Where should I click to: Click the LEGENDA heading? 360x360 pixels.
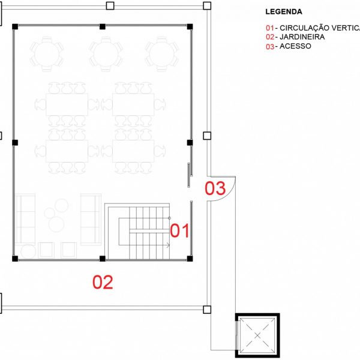[284, 12]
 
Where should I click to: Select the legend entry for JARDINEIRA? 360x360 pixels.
[295, 37]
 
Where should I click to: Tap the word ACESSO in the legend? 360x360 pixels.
[295, 46]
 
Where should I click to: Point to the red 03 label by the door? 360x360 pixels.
[215, 188]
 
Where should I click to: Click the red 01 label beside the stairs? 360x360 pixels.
[179, 230]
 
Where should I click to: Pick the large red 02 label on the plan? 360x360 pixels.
[103, 282]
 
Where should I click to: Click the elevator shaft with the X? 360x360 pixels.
[257, 335]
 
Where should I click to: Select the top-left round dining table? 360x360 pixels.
[47, 54]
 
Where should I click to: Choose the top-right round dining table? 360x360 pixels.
[161, 54]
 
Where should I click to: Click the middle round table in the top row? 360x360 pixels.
[106, 54]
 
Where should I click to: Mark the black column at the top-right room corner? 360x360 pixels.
[190, 26]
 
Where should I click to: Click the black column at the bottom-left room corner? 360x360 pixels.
[15, 259]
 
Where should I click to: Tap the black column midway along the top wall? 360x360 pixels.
[103, 26]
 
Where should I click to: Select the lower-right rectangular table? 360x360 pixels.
[133, 151]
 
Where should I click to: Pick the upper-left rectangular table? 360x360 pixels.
[67, 104]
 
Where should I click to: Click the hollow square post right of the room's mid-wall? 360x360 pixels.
[207, 136]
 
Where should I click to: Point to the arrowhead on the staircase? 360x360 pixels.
[168, 245]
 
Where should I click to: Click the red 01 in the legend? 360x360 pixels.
[270, 28]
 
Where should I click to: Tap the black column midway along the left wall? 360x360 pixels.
[15, 143]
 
